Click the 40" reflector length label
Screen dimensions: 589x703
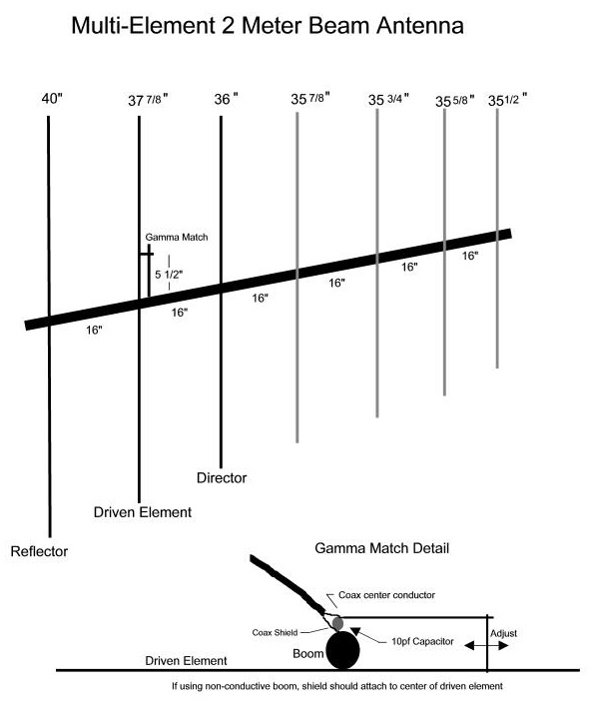click(52, 98)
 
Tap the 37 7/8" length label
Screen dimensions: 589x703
click(148, 100)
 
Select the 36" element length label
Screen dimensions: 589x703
click(226, 99)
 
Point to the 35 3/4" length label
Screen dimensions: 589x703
click(388, 99)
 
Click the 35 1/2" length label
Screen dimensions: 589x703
click(507, 100)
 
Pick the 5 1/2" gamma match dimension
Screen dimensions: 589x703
click(169, 274)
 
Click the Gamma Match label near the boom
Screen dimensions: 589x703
click(177, 237)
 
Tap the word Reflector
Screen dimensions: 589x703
click(40, 551)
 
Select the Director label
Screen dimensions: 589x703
click(222, 477)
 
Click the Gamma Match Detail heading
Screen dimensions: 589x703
click(382, 548)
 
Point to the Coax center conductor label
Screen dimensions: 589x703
click(386, 595)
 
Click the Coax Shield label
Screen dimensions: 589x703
click(275, 633)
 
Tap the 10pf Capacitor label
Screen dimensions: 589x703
click(422, 641)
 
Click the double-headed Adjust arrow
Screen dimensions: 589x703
click(486, 646)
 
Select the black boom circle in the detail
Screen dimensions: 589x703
click(342, 650)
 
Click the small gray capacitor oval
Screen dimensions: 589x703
click(338, 623)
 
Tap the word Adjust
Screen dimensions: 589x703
click(503, 633)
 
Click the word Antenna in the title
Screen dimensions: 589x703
click(420, 26)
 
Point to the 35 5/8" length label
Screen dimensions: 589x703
click(455, 101)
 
